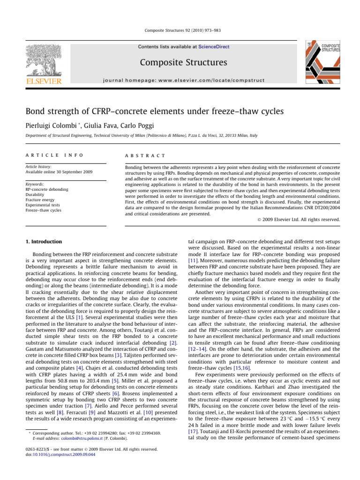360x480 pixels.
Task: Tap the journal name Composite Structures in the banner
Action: [180, 62]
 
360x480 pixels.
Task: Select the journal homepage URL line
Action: [180, 80]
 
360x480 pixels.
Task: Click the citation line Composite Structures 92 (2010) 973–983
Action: [180, 30]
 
